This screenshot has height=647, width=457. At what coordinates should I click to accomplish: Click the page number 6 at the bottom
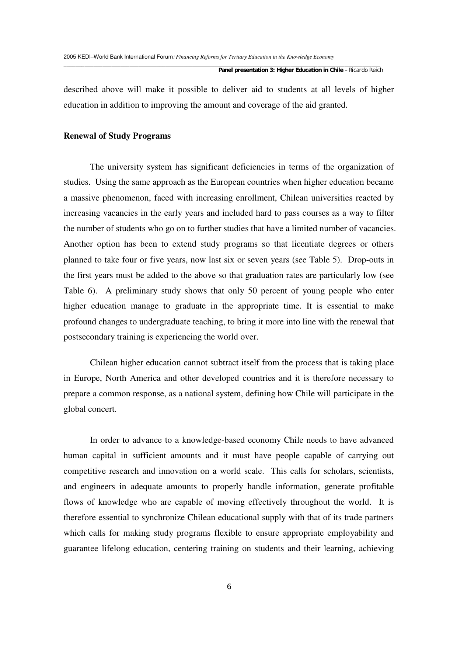click(229, 587)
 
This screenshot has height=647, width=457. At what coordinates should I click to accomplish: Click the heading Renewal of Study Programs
click(117, 136)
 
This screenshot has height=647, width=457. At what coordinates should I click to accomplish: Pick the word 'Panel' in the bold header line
click(226, 70)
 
